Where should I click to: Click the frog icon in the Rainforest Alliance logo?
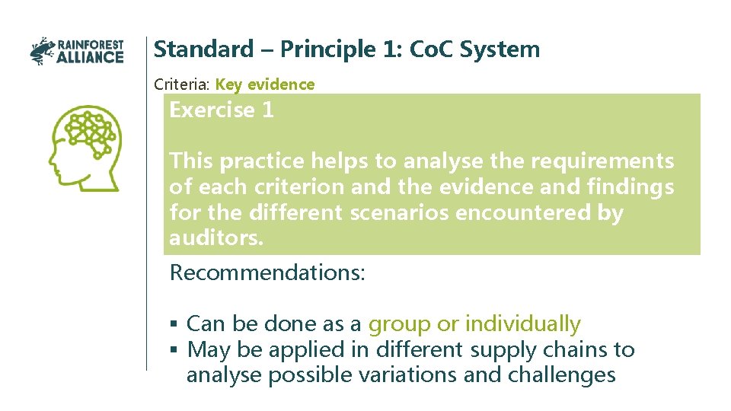click(x=42, y=51)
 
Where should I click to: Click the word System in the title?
click(x=506, y=49)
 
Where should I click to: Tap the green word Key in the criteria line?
click(x=229, y=84)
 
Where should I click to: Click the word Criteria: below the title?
click(x=183, y=84)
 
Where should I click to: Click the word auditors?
click(x=216, y=238)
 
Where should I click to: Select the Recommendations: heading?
click(x=267, y=272)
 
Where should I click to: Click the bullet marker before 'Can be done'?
click(x=174, y=324)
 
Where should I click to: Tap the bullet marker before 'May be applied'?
click(x=174, y=350)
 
